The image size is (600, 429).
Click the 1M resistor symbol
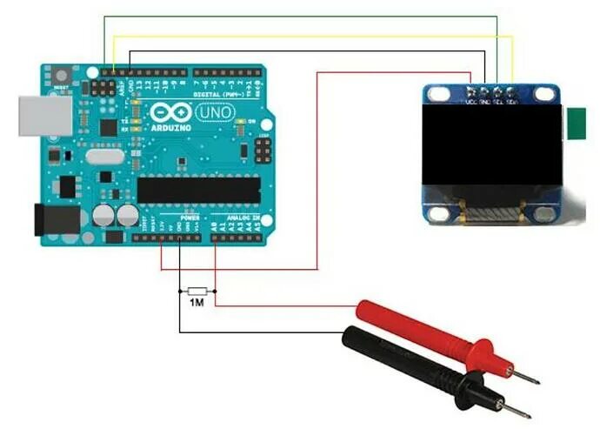[x=197, y=291]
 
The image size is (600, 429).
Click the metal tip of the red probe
[x=526, y=379]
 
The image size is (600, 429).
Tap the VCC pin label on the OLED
[x=471, y=100]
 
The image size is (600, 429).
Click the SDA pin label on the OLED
[x=513, y=100]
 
